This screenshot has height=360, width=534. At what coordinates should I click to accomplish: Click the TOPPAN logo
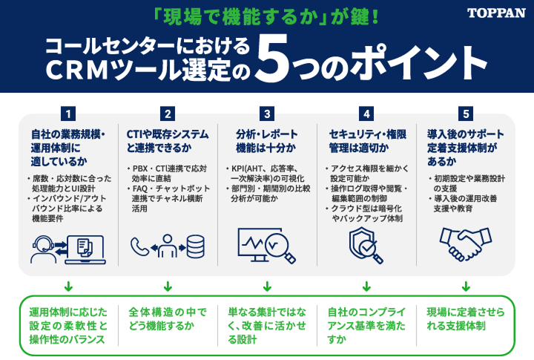click(496, 13)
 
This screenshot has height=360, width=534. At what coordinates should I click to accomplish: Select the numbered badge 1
click(68, 114)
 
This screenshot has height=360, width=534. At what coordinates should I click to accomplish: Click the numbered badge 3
click(267, 114)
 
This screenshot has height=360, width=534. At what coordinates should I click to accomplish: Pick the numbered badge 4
click(366, 114)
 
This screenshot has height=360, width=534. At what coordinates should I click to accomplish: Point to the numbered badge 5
click(466, 114)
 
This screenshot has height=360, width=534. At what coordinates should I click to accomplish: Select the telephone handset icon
click(139, 246)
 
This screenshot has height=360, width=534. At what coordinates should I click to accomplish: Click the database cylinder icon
click(196, 246)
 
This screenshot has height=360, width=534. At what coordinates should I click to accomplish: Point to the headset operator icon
click(43, 249)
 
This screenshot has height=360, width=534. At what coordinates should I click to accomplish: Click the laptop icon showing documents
click(85, 249)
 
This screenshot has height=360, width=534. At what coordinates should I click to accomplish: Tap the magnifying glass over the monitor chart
click(280, 248)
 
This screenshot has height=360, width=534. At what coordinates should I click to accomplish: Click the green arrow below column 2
click(168, 286)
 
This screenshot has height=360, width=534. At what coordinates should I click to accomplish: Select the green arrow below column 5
click(466, 286)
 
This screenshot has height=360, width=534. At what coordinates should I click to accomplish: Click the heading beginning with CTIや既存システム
click(167, 141)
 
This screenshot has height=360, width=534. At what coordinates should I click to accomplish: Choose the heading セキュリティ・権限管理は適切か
click(367, 141)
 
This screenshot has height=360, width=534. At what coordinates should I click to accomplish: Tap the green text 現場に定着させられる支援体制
click(466, 319)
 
